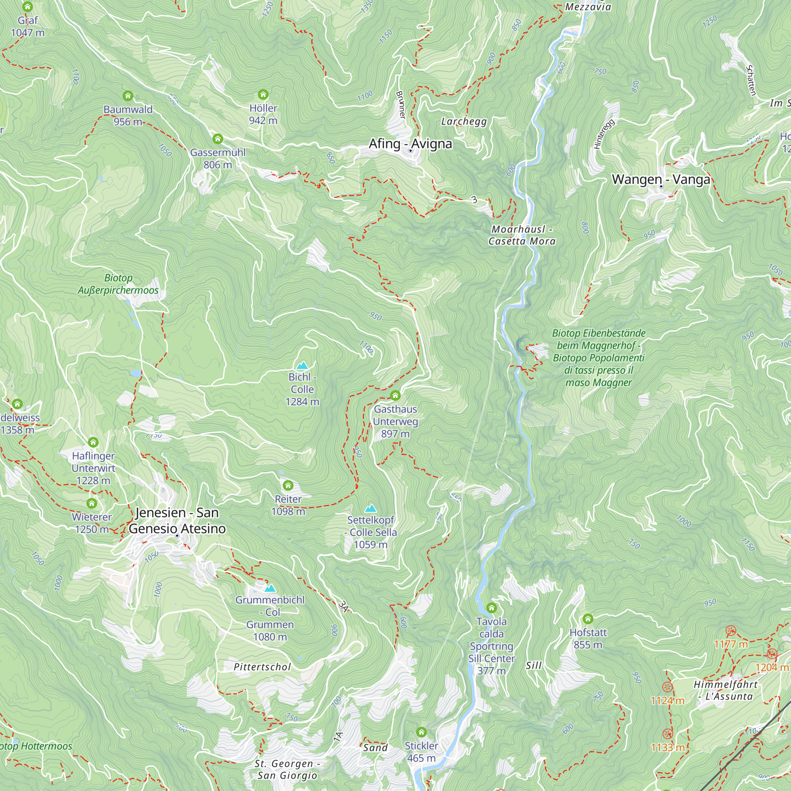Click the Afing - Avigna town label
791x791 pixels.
coord(410,144)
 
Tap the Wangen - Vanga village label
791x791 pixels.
coord(661,179)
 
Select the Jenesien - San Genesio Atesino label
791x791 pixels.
coord(177,520)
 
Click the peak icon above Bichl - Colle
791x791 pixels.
coord(302,365)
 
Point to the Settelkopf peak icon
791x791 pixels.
coord(371,509)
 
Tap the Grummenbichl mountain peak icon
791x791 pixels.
coord(270,589)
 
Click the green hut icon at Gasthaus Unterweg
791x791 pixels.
coord(395,395)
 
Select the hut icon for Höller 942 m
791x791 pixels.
coord(263,95)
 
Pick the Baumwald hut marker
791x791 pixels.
coord(128,96)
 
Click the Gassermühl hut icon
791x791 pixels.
coord(218,139)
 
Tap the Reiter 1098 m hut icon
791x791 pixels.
coord(288,486)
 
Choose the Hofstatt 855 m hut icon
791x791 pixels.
coord(588,619)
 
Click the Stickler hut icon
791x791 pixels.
coord(421,732)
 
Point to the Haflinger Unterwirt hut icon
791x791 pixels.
coord(93,442)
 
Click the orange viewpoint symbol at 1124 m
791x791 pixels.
coord(667,687)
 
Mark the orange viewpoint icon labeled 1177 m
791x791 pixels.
coord(731,630)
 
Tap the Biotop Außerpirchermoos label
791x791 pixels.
coord(118,284)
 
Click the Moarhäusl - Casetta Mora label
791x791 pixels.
coord(522,235)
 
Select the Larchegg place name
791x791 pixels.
coord(464,121)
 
